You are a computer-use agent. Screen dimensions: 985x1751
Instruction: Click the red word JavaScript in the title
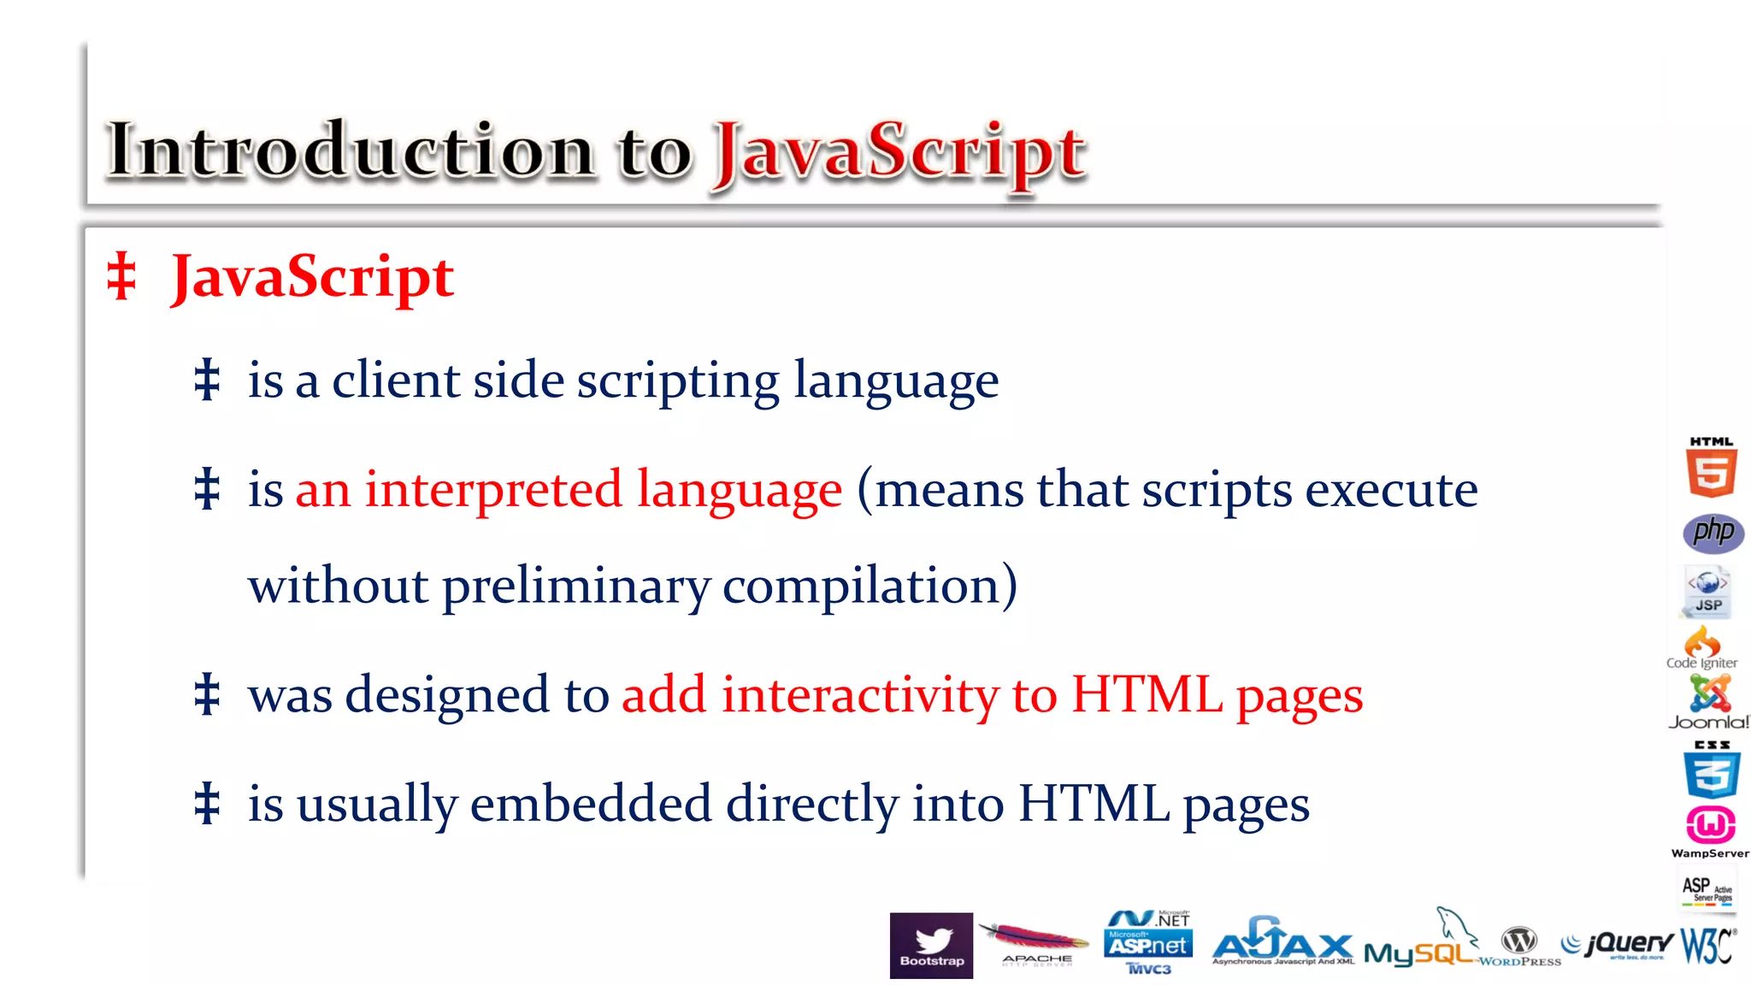coord(899,154)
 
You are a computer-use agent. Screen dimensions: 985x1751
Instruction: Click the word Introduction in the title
coord(351,150)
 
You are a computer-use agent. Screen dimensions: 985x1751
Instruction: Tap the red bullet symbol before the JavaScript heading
coord(121,276)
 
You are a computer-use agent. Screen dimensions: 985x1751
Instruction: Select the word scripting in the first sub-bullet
coord(678,380)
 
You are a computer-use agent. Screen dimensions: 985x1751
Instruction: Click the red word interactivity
coord(860,694)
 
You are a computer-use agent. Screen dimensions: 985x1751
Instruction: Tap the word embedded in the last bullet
coord(591,804)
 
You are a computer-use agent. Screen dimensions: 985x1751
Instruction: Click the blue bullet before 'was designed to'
coord(207,694)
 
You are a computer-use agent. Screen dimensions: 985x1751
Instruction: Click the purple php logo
coord(1713,533)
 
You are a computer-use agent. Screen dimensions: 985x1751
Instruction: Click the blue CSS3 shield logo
coord(1712,771)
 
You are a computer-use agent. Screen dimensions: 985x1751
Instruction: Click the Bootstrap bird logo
coord(931,945)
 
